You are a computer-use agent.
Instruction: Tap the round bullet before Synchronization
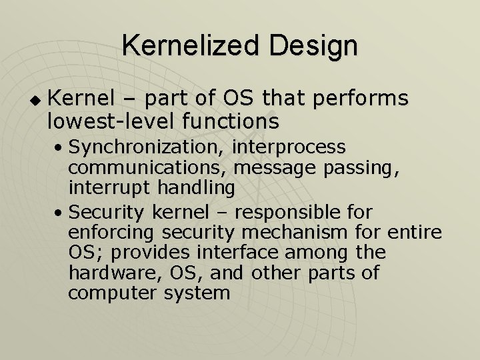pyautogui.click(x=60, y=147)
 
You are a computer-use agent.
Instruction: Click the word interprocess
pyautogui.click(x=289, y=146)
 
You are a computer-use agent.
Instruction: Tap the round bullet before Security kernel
pyautogui.click(x=60, y=213)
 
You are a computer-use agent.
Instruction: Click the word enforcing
pyautogui.click(x=111, y=233)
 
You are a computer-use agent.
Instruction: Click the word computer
pyautogui.click(x=111, y=293)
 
